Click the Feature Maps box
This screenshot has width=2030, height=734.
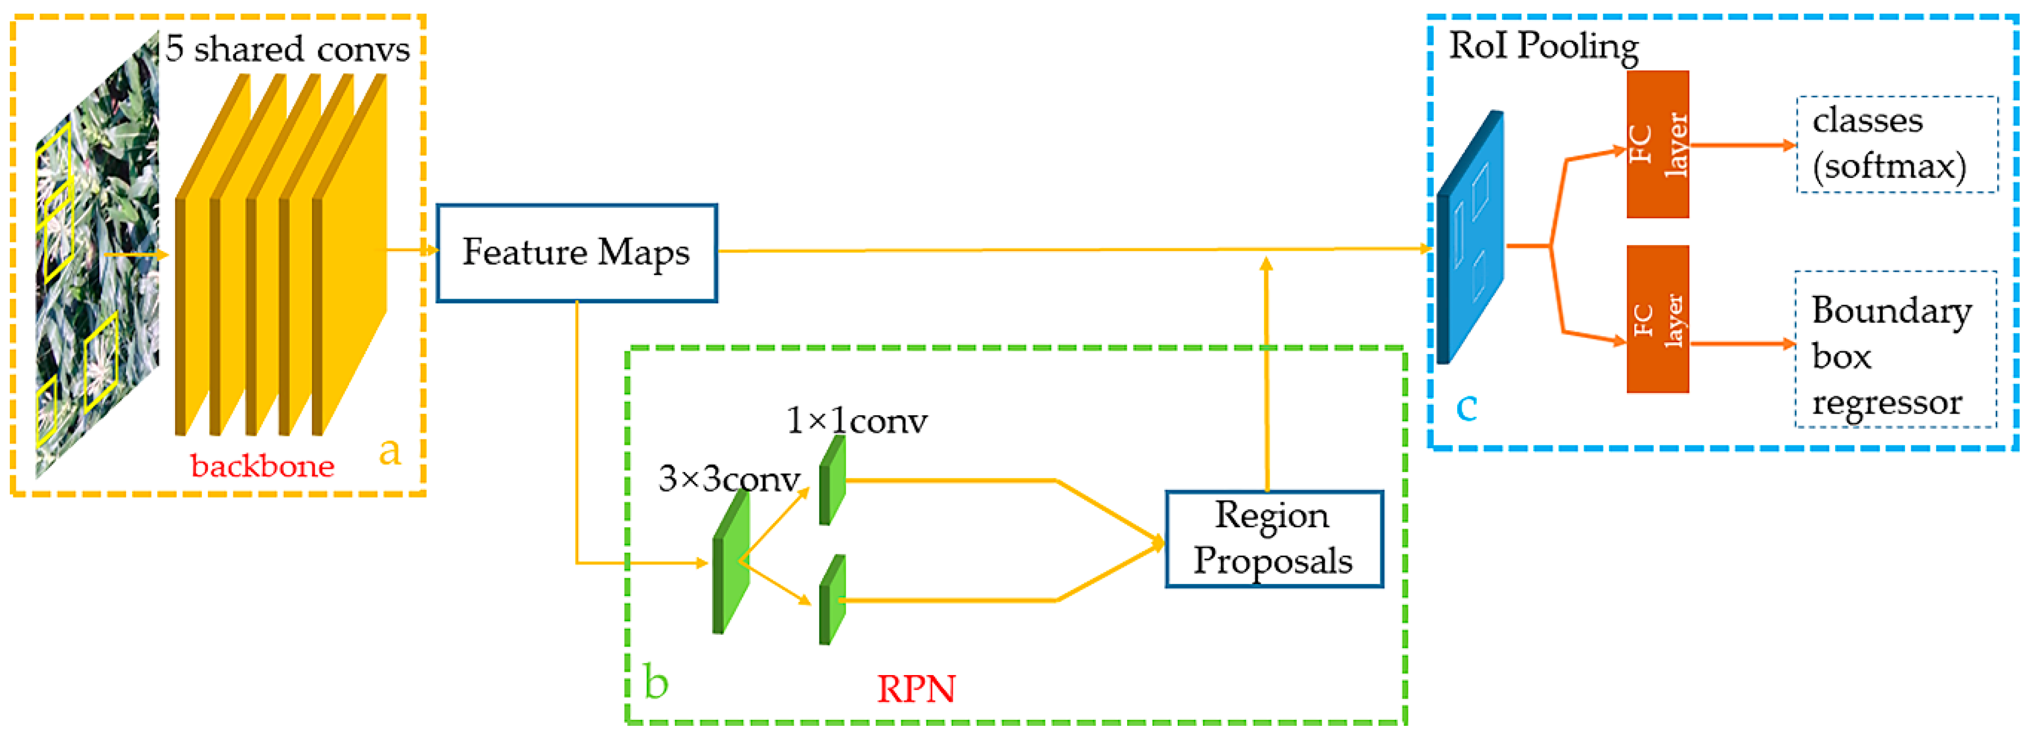coord(576,253)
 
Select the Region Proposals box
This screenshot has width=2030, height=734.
coord(1273,539)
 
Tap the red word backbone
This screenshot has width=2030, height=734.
coord(262,466)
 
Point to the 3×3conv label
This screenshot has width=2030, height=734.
coord(728,479)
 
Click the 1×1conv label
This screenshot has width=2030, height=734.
coord(857,420)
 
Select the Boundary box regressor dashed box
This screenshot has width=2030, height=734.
coord(1895,349)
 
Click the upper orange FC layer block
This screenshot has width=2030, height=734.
coord(1657,144)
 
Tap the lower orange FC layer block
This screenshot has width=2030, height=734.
coord(1657,319)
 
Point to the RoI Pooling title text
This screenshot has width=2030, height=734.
coord(1543,46)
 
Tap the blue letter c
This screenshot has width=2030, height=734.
coord(1466,407)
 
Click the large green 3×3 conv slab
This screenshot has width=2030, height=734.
coord(730,562)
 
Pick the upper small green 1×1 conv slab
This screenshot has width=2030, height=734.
coord(832,479)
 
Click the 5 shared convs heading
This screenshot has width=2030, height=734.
coord(287,49)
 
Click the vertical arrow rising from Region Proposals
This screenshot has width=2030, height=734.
coord(1266,371)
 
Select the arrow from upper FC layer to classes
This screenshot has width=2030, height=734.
coord(1741,145)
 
